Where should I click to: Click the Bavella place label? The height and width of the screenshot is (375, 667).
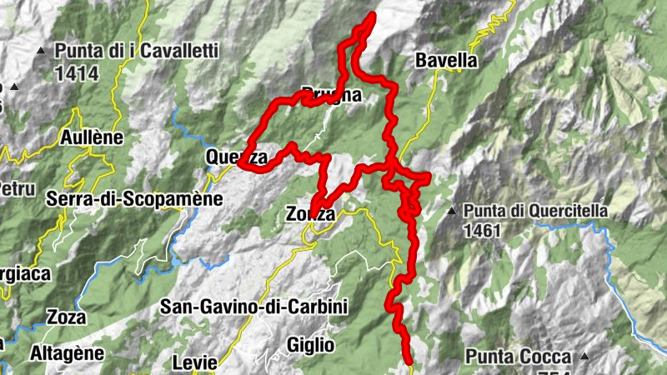pos(445,61)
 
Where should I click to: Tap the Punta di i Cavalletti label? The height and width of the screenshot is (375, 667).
pos(137,52)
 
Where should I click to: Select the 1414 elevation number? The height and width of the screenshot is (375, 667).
pos(77,73)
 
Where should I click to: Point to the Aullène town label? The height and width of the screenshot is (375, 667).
pos(92,137)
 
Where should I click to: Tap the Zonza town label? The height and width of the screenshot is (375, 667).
pos(310,214)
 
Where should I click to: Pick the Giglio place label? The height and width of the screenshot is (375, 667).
pos(310,344)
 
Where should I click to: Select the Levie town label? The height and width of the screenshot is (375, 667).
pos(194,362)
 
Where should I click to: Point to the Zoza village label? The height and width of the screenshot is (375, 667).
pos(67,317)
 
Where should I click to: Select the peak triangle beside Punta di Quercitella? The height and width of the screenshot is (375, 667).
pos(452,211)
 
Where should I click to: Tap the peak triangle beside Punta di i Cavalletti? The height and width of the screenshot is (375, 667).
pos(42,52)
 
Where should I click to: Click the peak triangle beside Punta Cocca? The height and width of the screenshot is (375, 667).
pos(584,357)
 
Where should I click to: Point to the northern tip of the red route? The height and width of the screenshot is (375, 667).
pos(369,17)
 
